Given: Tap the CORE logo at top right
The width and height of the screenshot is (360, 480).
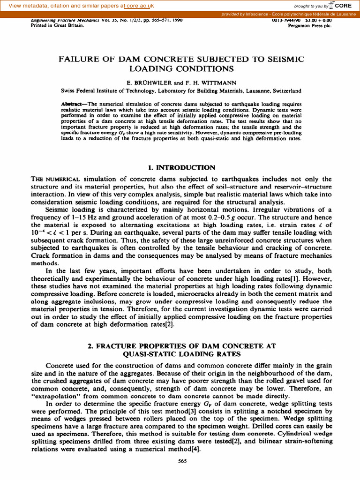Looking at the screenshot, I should tap(341, 6).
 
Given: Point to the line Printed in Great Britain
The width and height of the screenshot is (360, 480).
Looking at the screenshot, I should tap(57, 26).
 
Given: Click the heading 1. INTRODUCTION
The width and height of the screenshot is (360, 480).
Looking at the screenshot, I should tap(181, 167).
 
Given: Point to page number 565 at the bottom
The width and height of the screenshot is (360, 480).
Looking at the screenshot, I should tap(183, 461).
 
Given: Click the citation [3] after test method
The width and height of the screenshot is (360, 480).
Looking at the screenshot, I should tap(182, 411).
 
